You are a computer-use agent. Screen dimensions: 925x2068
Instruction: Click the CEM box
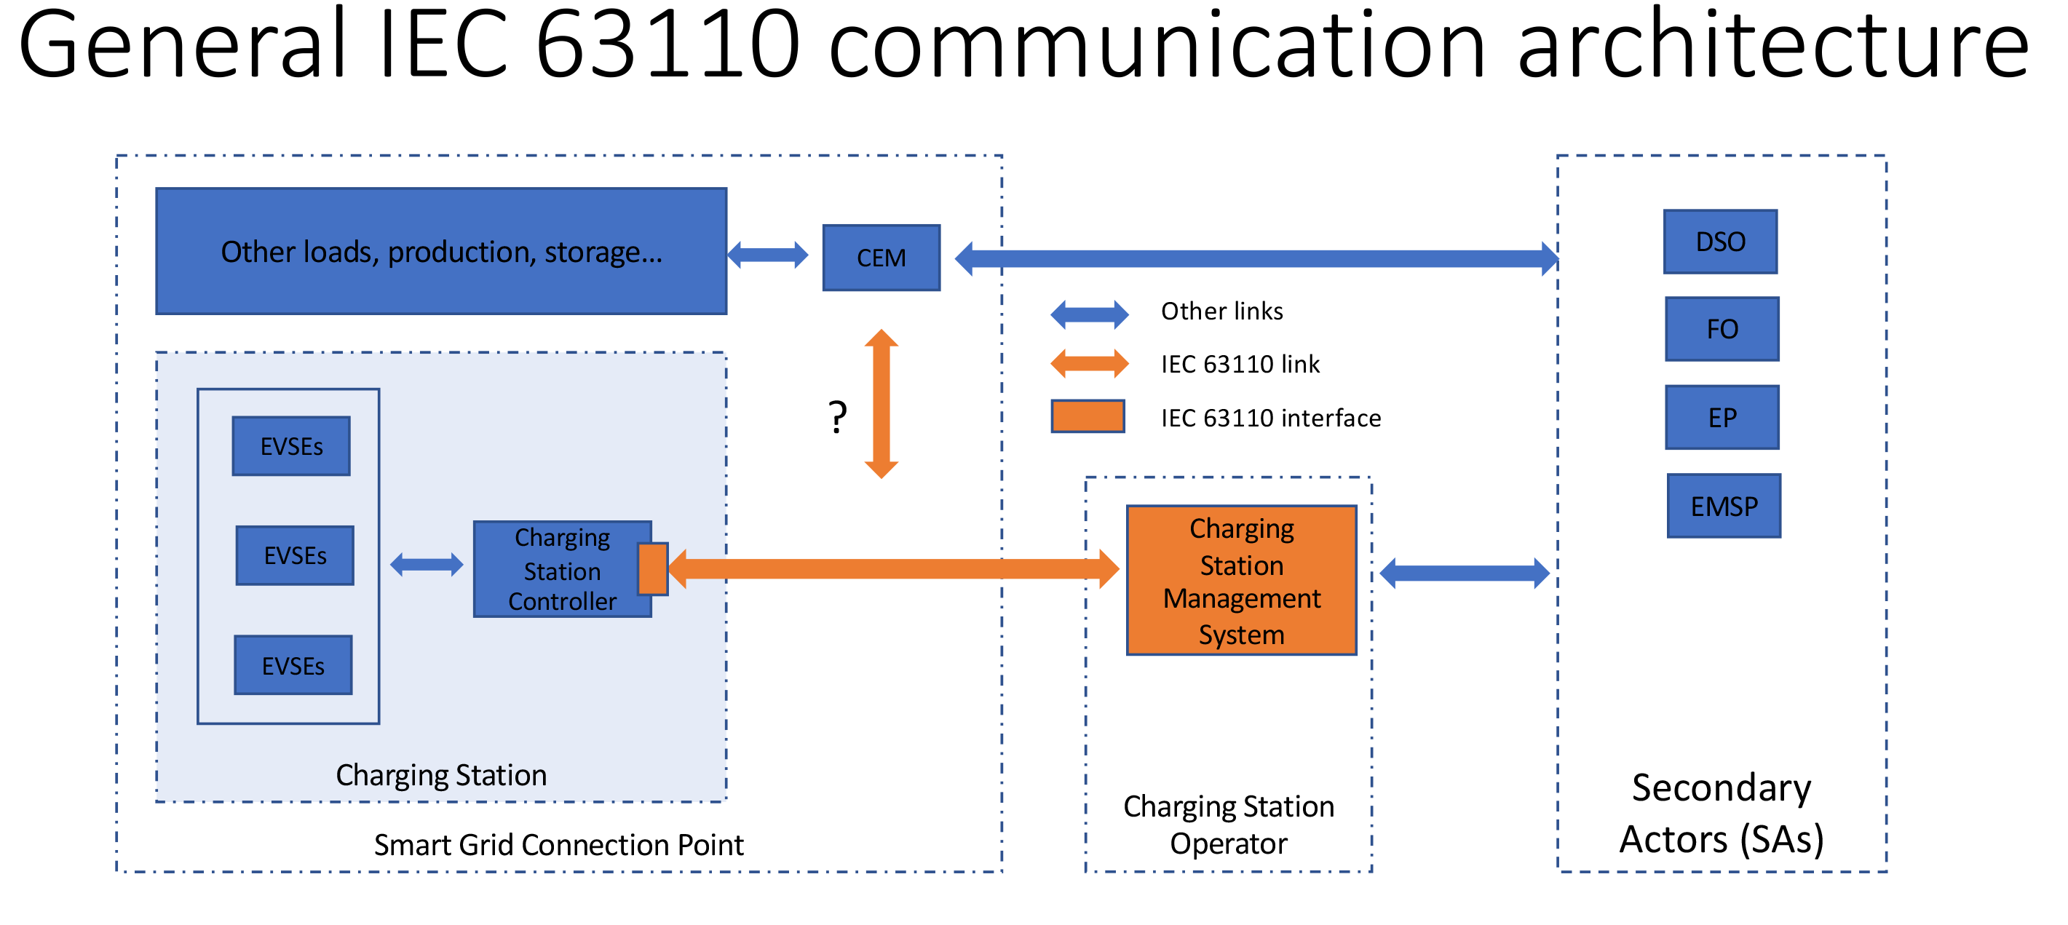pyautogui.click(x=881, y=258)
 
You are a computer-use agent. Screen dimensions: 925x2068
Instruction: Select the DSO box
pyautogui.click(x=1719, y=242)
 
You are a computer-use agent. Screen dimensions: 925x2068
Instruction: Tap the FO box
pyautogui.click(x=1722, y=329)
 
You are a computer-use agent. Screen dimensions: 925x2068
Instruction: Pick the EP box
pyautogui.click(x=1722, y=418)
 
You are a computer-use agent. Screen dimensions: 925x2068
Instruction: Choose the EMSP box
pyautogui.click(x=1723, y=506)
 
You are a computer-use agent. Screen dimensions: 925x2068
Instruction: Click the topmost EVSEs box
pyautogui.click(x=290, y=446)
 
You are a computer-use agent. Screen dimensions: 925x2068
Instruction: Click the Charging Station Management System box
pyautogui.click(x=1240, y=581)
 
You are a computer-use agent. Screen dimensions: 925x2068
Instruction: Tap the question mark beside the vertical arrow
pyautogui.click(x=836, y=418)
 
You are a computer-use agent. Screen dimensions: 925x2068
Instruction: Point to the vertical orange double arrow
pyautogui.click(x=881, y=404)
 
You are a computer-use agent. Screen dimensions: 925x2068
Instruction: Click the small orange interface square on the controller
pyautogui.click(x=652, y=569)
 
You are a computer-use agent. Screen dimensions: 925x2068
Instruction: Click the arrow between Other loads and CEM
pyautogui.click(x=766, y=255)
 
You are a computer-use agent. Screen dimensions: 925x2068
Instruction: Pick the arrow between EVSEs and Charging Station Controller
pyautogui.click(x=427, y=565)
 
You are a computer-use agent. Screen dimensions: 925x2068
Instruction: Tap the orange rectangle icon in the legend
pyautogui.click(x=1087, y=417)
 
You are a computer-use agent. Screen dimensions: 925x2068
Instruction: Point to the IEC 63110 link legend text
pyautogui.click(x=1239, y=365)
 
